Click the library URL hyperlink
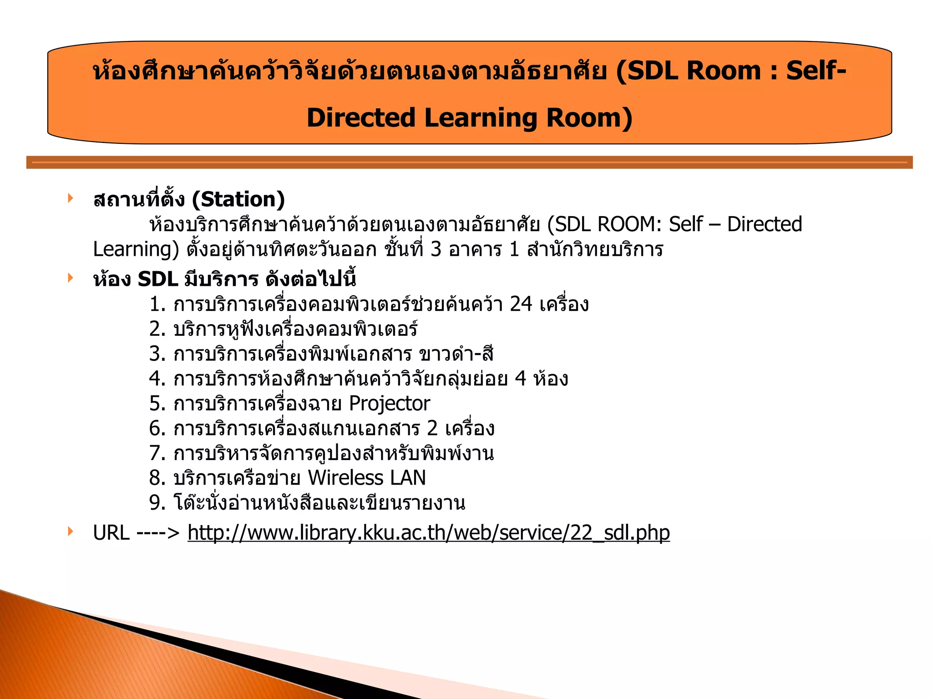pos(428,532)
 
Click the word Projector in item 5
pos(389,404)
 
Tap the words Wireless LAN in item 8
pos(366,478)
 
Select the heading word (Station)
pos(238,199)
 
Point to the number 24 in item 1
pos(521,304)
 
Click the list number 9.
pos(157,503)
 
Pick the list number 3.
pos(157,354)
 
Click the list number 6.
pos(157,429)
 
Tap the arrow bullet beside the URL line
pos(70,531)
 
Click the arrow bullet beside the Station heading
pos(70,198)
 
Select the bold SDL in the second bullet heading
pos(157,279)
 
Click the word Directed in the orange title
pos(361,118)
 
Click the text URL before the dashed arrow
pos(111,532)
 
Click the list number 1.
pos(157,304)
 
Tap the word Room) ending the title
pos(589,118)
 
